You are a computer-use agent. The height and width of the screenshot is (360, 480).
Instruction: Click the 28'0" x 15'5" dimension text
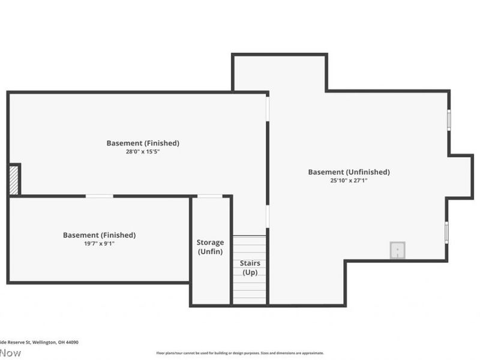143,152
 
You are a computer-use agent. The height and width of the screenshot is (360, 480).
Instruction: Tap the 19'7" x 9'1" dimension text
99,244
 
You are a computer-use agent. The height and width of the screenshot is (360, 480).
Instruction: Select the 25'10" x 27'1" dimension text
349,180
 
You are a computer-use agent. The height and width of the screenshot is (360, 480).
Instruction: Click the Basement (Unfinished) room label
349,172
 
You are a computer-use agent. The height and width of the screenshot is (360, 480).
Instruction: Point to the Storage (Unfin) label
210,247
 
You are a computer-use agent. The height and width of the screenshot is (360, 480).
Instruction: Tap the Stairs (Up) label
250,268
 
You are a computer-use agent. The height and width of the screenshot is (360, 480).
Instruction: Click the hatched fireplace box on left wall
14,180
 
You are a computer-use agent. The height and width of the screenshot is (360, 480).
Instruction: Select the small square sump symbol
397,250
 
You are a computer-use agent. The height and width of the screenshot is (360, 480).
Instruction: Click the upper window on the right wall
448,119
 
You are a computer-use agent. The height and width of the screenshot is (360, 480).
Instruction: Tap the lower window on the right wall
446,232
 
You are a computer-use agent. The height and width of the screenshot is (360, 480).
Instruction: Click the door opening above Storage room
210,196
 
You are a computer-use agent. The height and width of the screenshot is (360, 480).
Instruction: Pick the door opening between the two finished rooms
99,196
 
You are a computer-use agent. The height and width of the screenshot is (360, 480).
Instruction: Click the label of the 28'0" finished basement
143,143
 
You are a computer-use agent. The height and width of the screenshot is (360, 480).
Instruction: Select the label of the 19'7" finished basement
99,235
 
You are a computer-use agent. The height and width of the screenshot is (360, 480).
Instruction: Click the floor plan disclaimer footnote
240,353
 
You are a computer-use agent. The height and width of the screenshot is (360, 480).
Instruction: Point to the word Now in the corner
10,353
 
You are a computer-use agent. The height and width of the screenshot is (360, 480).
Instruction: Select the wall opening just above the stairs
268,216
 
